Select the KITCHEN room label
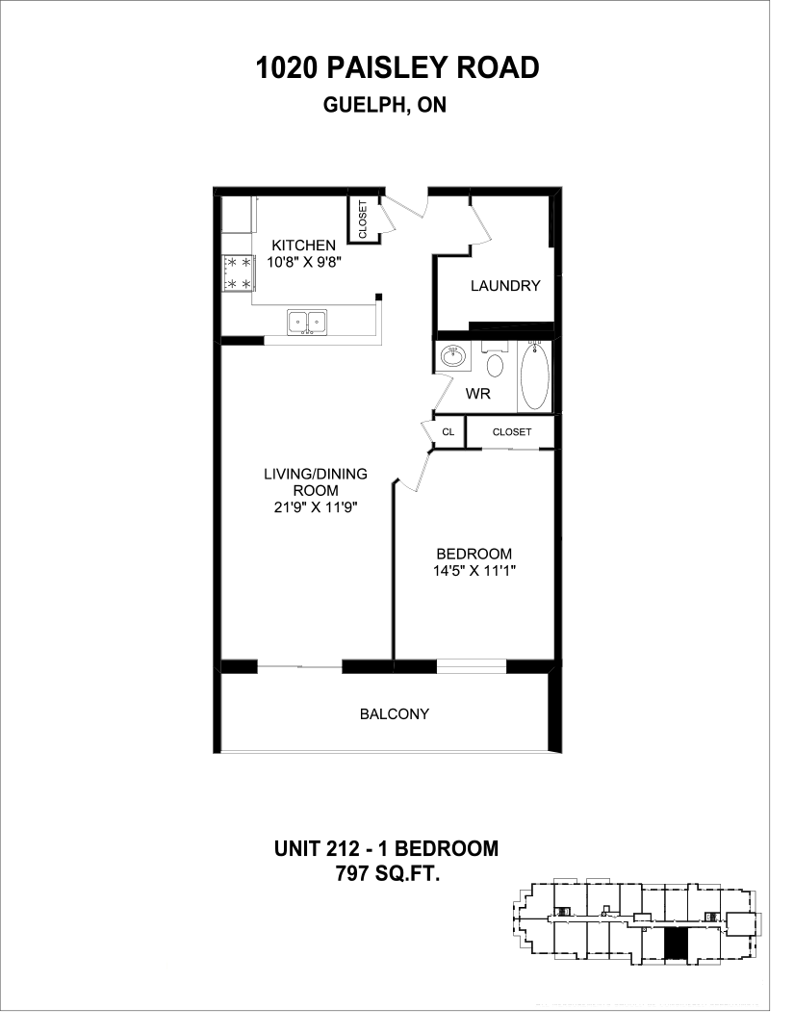(x=302, y=245)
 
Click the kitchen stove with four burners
(x=237, y=272)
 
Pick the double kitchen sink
(x=307, y=321)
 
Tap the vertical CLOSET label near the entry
(x=363, y=220)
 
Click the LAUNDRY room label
(x=504, y=286)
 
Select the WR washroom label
(x=477, y=394)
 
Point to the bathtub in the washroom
(x=535, y=377)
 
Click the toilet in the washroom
(x=495, y=364)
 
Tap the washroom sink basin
(x=451, y=357)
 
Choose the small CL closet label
(x=448, y=432)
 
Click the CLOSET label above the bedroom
(x=511, y=432)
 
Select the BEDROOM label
(x=474, y=554)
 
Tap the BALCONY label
(x=394, y=714)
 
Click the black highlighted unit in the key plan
(x=678, y=944)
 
